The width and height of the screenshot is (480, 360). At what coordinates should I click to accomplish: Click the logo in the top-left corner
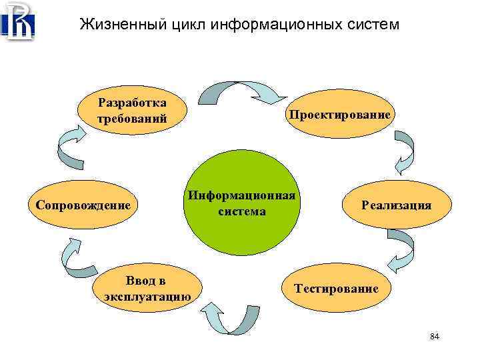pos(19,22)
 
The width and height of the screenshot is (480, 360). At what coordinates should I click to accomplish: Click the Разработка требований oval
pos(132,111)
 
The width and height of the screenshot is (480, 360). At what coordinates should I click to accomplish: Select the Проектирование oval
pos(339,115)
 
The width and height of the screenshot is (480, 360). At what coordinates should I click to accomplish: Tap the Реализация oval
pos(396,205)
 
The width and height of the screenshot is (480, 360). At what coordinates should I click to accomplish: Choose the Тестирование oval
pos(337,289)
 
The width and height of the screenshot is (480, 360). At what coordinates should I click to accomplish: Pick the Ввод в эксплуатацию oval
pos(147,289)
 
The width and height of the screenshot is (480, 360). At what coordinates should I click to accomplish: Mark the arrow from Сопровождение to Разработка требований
pos(71,148)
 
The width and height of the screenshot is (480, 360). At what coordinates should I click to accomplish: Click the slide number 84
pos(435,337)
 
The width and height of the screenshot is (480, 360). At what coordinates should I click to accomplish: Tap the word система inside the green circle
pos(241,211)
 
